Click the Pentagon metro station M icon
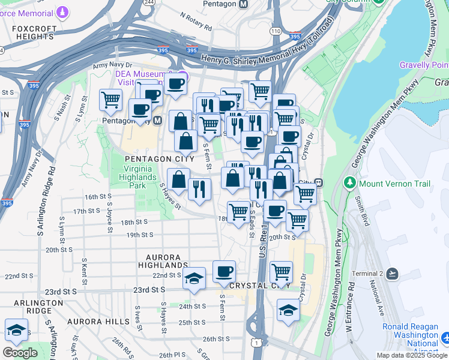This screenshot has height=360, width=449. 243,4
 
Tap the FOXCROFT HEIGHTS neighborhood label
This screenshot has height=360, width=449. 29,32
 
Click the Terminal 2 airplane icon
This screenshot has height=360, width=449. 393,274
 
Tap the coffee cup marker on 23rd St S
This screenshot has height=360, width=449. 224,272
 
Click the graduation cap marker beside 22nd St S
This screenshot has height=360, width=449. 193,279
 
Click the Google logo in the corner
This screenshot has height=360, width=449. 20,352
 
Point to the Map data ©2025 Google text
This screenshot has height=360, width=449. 412,355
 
